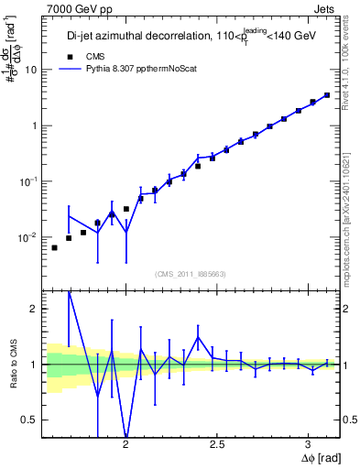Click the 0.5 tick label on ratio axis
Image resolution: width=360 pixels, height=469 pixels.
tap(29, 420)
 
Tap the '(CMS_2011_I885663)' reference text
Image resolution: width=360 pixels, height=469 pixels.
tap(191, 273)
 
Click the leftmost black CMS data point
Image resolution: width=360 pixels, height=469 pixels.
tap(54, 247)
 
